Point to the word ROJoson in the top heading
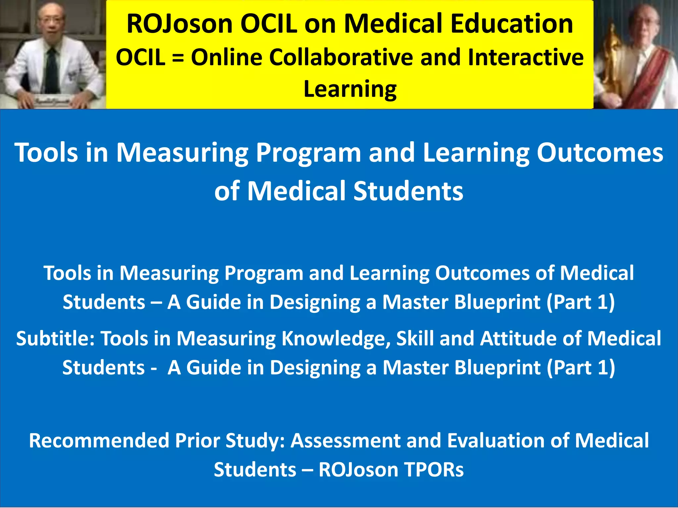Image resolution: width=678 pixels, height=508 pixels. pos(180,24)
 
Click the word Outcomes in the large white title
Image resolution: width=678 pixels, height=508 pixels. pos(600,153)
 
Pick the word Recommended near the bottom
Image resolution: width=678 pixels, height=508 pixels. pos(99,441)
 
